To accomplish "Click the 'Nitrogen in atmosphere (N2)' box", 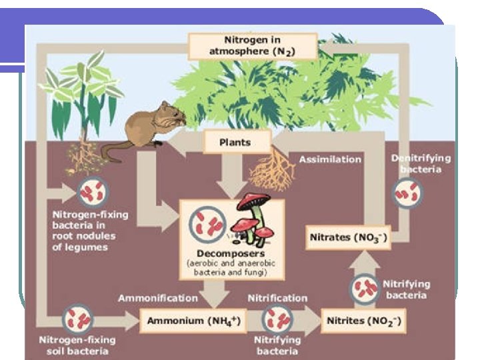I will (x=243, y=46).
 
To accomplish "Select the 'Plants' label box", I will (x=235, y=143).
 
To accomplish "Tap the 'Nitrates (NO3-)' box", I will (x=347, y=238).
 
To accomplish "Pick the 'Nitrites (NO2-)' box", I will (x=363, y=321).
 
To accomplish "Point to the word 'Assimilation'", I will (x=330, y=160).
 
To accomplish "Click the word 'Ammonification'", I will (x=158, y=298).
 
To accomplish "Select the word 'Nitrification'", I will (x=277, y=298).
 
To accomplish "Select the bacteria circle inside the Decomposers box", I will (x=207, y=223).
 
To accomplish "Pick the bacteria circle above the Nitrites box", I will (x=364, y=287).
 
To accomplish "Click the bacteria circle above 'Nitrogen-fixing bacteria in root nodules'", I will (x=89, y=193).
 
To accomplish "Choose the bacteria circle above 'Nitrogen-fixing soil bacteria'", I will (x=76, y=319).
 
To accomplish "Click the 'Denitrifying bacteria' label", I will (x=420, y=163).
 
